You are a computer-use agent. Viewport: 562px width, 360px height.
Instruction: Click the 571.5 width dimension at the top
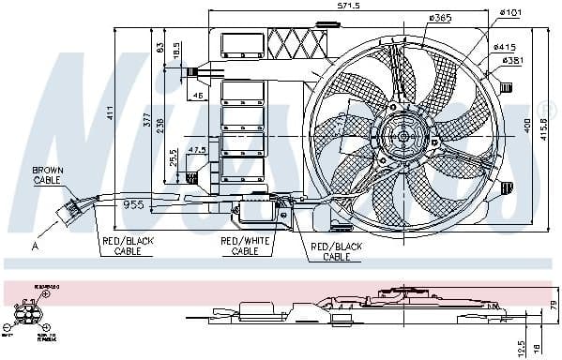[x=349, y=6]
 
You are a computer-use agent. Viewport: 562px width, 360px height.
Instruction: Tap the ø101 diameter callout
[x=510, y=12]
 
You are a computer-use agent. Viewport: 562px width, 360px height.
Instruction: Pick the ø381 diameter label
[x=511, y=60]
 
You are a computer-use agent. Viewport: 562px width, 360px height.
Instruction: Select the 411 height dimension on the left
[x=109, y=113]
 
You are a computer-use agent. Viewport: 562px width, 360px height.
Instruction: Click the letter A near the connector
[x=35, y=247]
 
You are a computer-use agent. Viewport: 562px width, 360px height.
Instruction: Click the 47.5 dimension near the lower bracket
[x=197, y=150]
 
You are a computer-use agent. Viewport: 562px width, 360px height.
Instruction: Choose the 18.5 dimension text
[x=176, y=57]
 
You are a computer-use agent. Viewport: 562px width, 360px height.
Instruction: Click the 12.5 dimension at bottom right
[x=521, y=348]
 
